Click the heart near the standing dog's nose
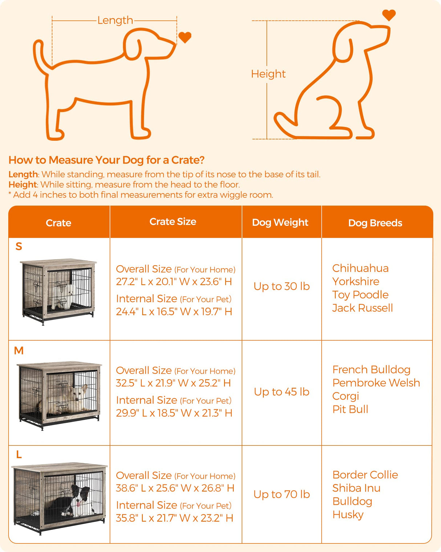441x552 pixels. tap(185, 37)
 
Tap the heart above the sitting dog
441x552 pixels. tap(389, 15)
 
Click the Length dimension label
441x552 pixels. tap(115, 20)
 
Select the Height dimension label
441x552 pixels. tap(268, 74)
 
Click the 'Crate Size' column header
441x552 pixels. tap(173, 222)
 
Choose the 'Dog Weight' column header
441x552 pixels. tap(280, 223)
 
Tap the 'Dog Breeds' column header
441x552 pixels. tap(375, 223)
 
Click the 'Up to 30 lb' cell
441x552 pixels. tap(282, 287)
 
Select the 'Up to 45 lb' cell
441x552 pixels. tap(282, 392)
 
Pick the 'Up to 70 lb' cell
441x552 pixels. tap(282, 494)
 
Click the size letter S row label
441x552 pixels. tap(19, 247)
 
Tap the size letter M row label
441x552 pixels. tap(19, 351)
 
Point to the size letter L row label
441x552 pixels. tap(19, 455)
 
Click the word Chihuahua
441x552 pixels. tap(360, 268)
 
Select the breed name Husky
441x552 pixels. tap(348, 515)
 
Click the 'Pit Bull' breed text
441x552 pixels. tap(350, 409)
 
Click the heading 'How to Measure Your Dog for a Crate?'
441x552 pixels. tap(106, 160)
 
